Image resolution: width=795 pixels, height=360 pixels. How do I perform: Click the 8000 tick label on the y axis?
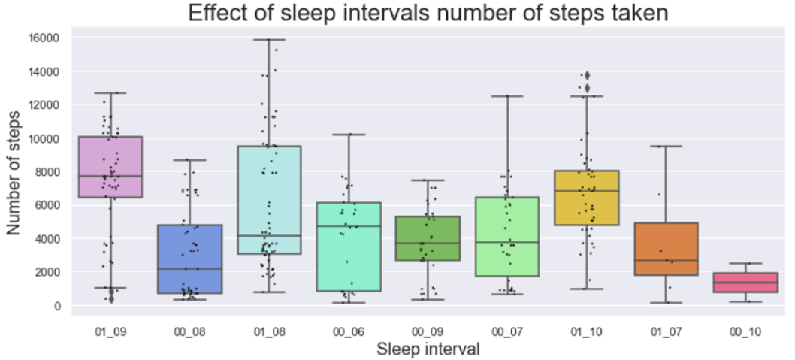coord(47,171)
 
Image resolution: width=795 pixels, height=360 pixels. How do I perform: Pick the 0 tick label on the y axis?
coord(57,305)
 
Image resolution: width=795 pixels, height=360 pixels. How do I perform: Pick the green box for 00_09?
coord(428,238)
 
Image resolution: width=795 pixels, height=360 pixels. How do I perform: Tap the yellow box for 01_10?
coord(587,198)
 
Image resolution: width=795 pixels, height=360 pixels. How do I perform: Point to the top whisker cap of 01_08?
coord(270,39)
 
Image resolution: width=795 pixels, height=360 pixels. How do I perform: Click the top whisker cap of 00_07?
coord(508,96)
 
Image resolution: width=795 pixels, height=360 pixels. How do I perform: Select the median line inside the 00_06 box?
coord(349,226)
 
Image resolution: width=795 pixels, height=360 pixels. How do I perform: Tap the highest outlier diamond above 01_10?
coord(587,75)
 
